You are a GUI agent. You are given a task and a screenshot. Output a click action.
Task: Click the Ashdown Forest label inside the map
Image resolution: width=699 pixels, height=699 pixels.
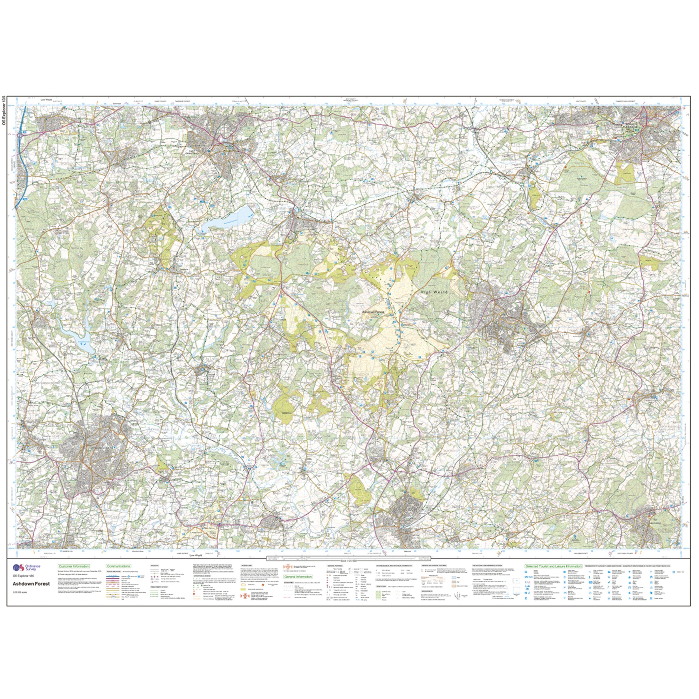373,312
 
